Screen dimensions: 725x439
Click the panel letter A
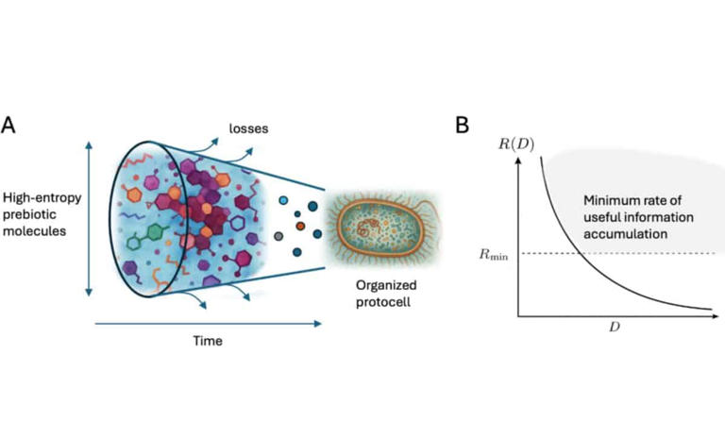pos(8,125)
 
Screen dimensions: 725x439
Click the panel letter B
pos(462,125)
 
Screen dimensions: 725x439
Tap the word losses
pos(249,128)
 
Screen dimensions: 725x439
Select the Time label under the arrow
pos(208,341)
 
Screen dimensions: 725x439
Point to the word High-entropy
pos(42,198)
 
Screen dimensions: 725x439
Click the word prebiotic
pos(29,214)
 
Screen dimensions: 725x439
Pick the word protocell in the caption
pos(383,303)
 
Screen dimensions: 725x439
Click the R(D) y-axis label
pos(516,144)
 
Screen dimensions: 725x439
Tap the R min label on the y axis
pos(494,254)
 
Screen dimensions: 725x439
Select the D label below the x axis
pos(614,327)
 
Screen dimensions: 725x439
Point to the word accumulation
pos(625,234)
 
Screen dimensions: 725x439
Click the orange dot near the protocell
pos(300,226)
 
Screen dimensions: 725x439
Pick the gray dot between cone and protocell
pos(278,236)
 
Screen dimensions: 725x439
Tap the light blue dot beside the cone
pos(283,200)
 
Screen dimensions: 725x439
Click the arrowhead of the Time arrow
pos(317,324)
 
